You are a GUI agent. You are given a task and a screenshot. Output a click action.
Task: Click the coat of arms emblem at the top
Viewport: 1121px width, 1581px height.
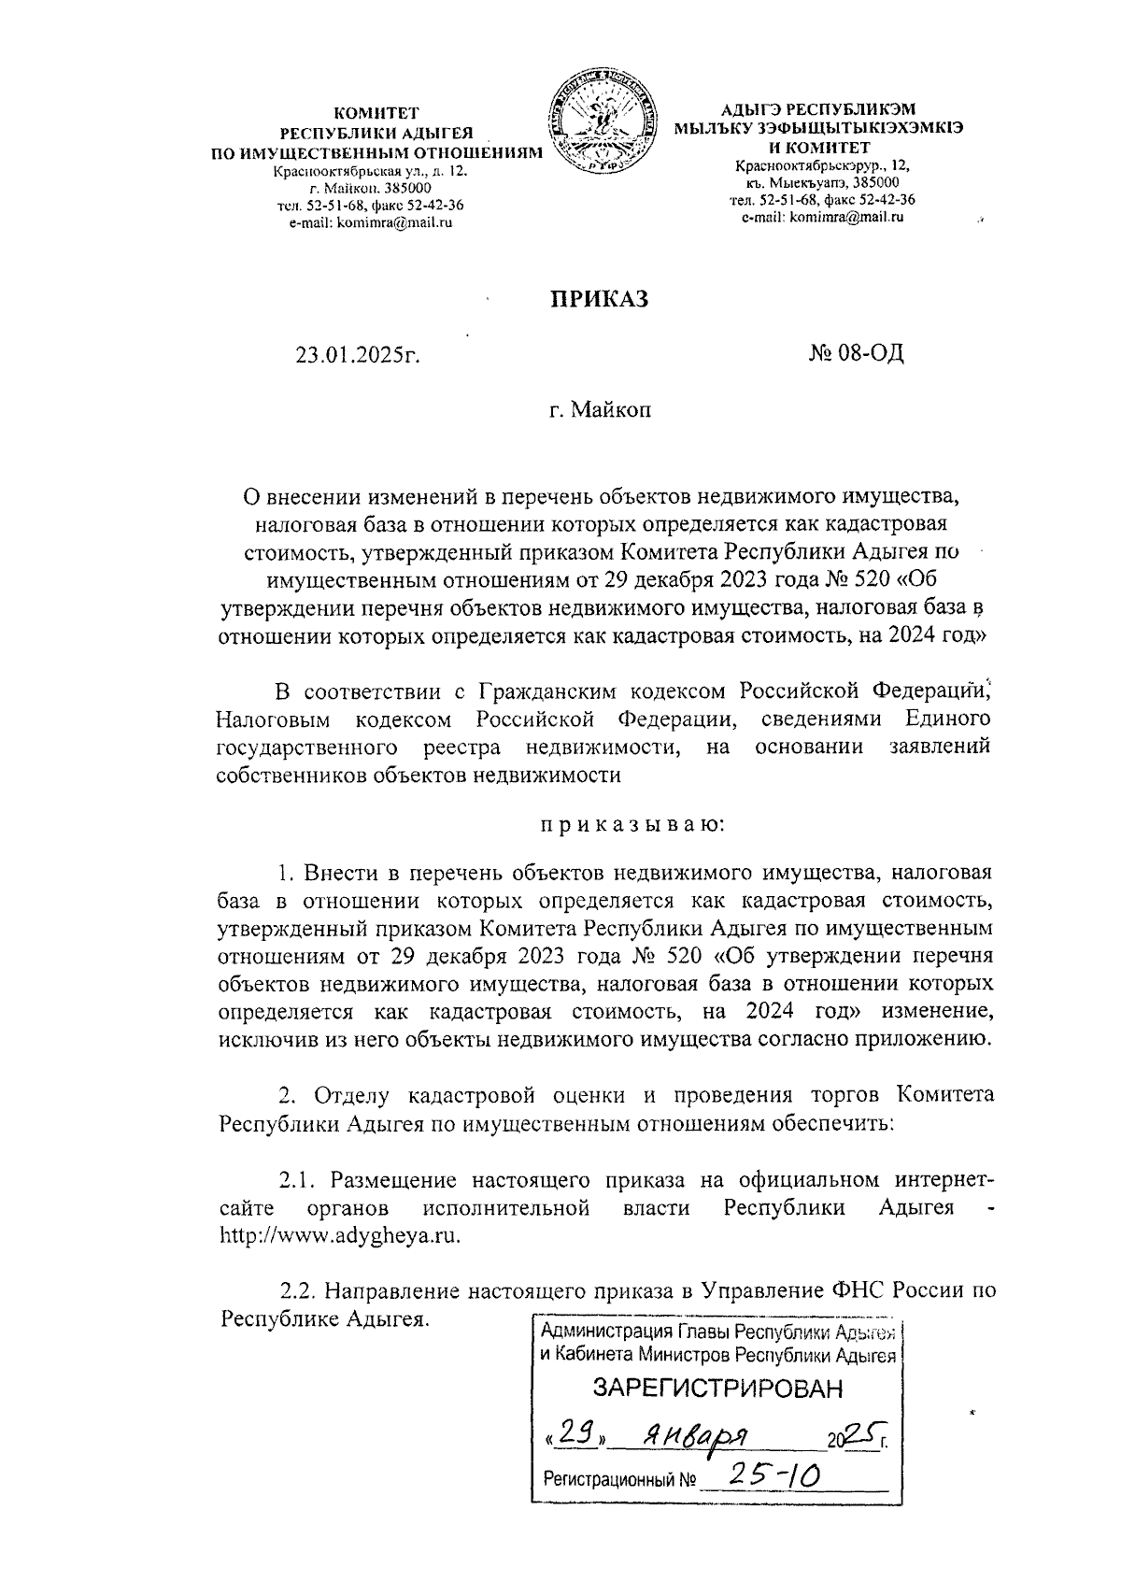599,127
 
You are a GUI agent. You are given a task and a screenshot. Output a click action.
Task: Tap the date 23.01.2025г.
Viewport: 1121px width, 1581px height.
356,355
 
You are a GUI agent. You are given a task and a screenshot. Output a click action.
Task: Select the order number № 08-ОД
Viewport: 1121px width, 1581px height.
856,354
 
